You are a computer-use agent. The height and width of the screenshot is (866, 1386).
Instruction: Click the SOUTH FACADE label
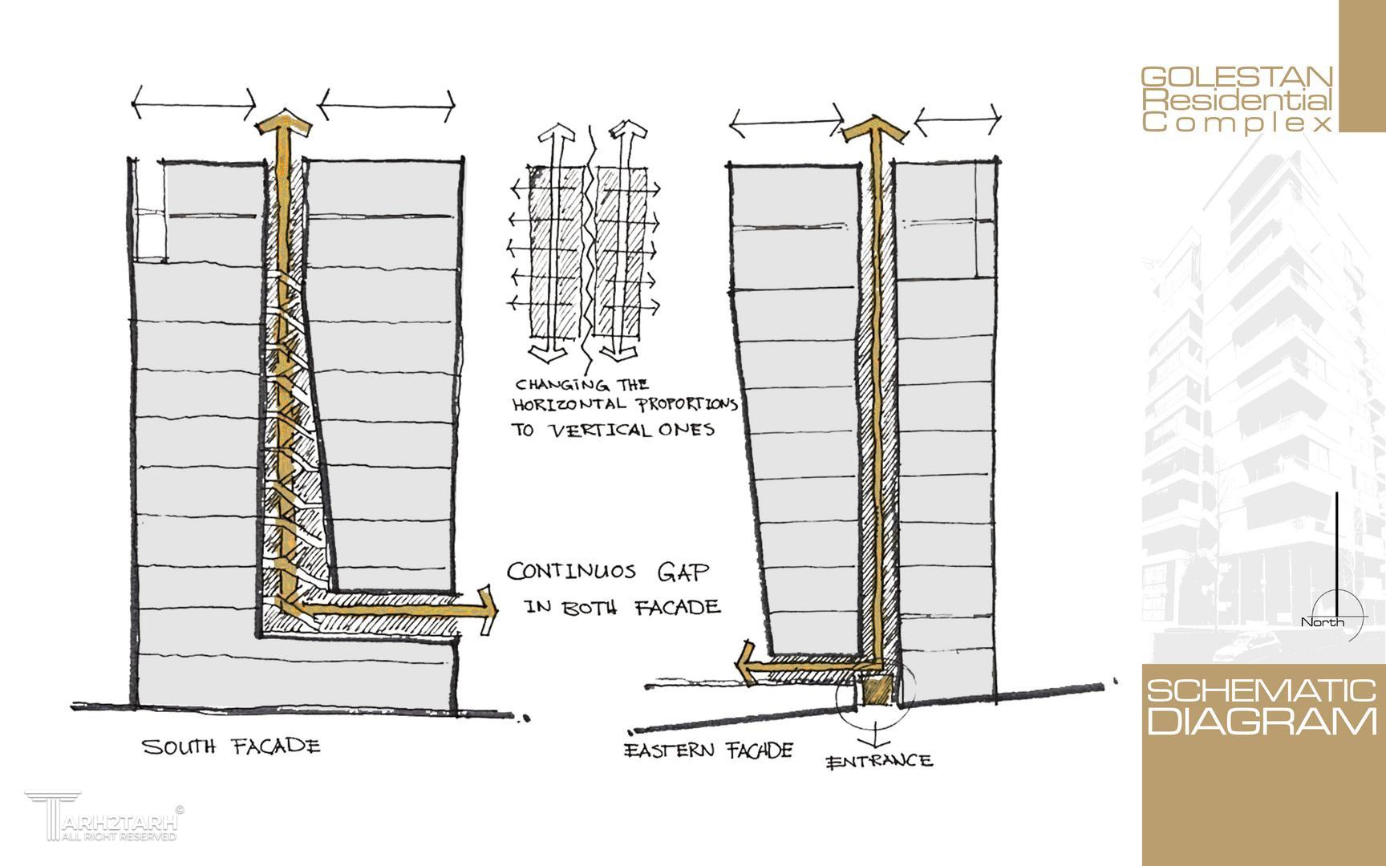pos(231,747)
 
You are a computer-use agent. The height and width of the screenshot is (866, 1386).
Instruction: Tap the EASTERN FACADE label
pos(708,751)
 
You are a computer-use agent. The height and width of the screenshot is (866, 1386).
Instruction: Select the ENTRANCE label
pos(879,760)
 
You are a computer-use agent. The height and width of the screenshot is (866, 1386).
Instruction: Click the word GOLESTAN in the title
pos(1236,78)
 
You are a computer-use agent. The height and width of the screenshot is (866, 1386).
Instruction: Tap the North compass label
pos(1321,623)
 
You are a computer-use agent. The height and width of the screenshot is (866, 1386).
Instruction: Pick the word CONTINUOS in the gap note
pos(571,573)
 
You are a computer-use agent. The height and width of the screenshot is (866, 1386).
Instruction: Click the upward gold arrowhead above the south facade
pos(283,123)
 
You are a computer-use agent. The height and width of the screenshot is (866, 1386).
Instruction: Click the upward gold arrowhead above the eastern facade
pos(874,126)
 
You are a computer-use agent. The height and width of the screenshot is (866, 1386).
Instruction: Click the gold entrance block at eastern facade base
pos(878,689)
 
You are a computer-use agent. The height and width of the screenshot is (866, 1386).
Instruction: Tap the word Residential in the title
pos(1236,101)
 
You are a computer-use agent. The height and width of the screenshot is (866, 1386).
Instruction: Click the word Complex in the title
pos(1236,123)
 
